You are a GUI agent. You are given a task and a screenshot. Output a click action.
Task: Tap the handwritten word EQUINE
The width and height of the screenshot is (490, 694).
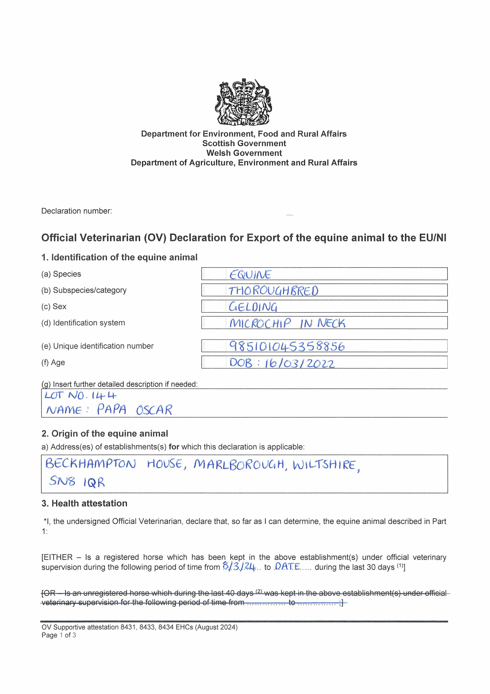[250, 274]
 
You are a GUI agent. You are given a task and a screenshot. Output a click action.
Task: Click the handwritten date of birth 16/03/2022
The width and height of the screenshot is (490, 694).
[300, 363]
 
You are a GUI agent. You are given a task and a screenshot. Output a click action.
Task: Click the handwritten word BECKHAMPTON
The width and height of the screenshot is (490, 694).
[91, 463]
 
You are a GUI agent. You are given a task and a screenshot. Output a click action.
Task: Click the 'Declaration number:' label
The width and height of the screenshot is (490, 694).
[76, 211]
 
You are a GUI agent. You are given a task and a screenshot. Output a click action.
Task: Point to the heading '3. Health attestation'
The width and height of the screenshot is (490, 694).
[84, 503]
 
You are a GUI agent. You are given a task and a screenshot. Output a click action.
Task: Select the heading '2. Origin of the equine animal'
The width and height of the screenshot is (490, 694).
[105, 433]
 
